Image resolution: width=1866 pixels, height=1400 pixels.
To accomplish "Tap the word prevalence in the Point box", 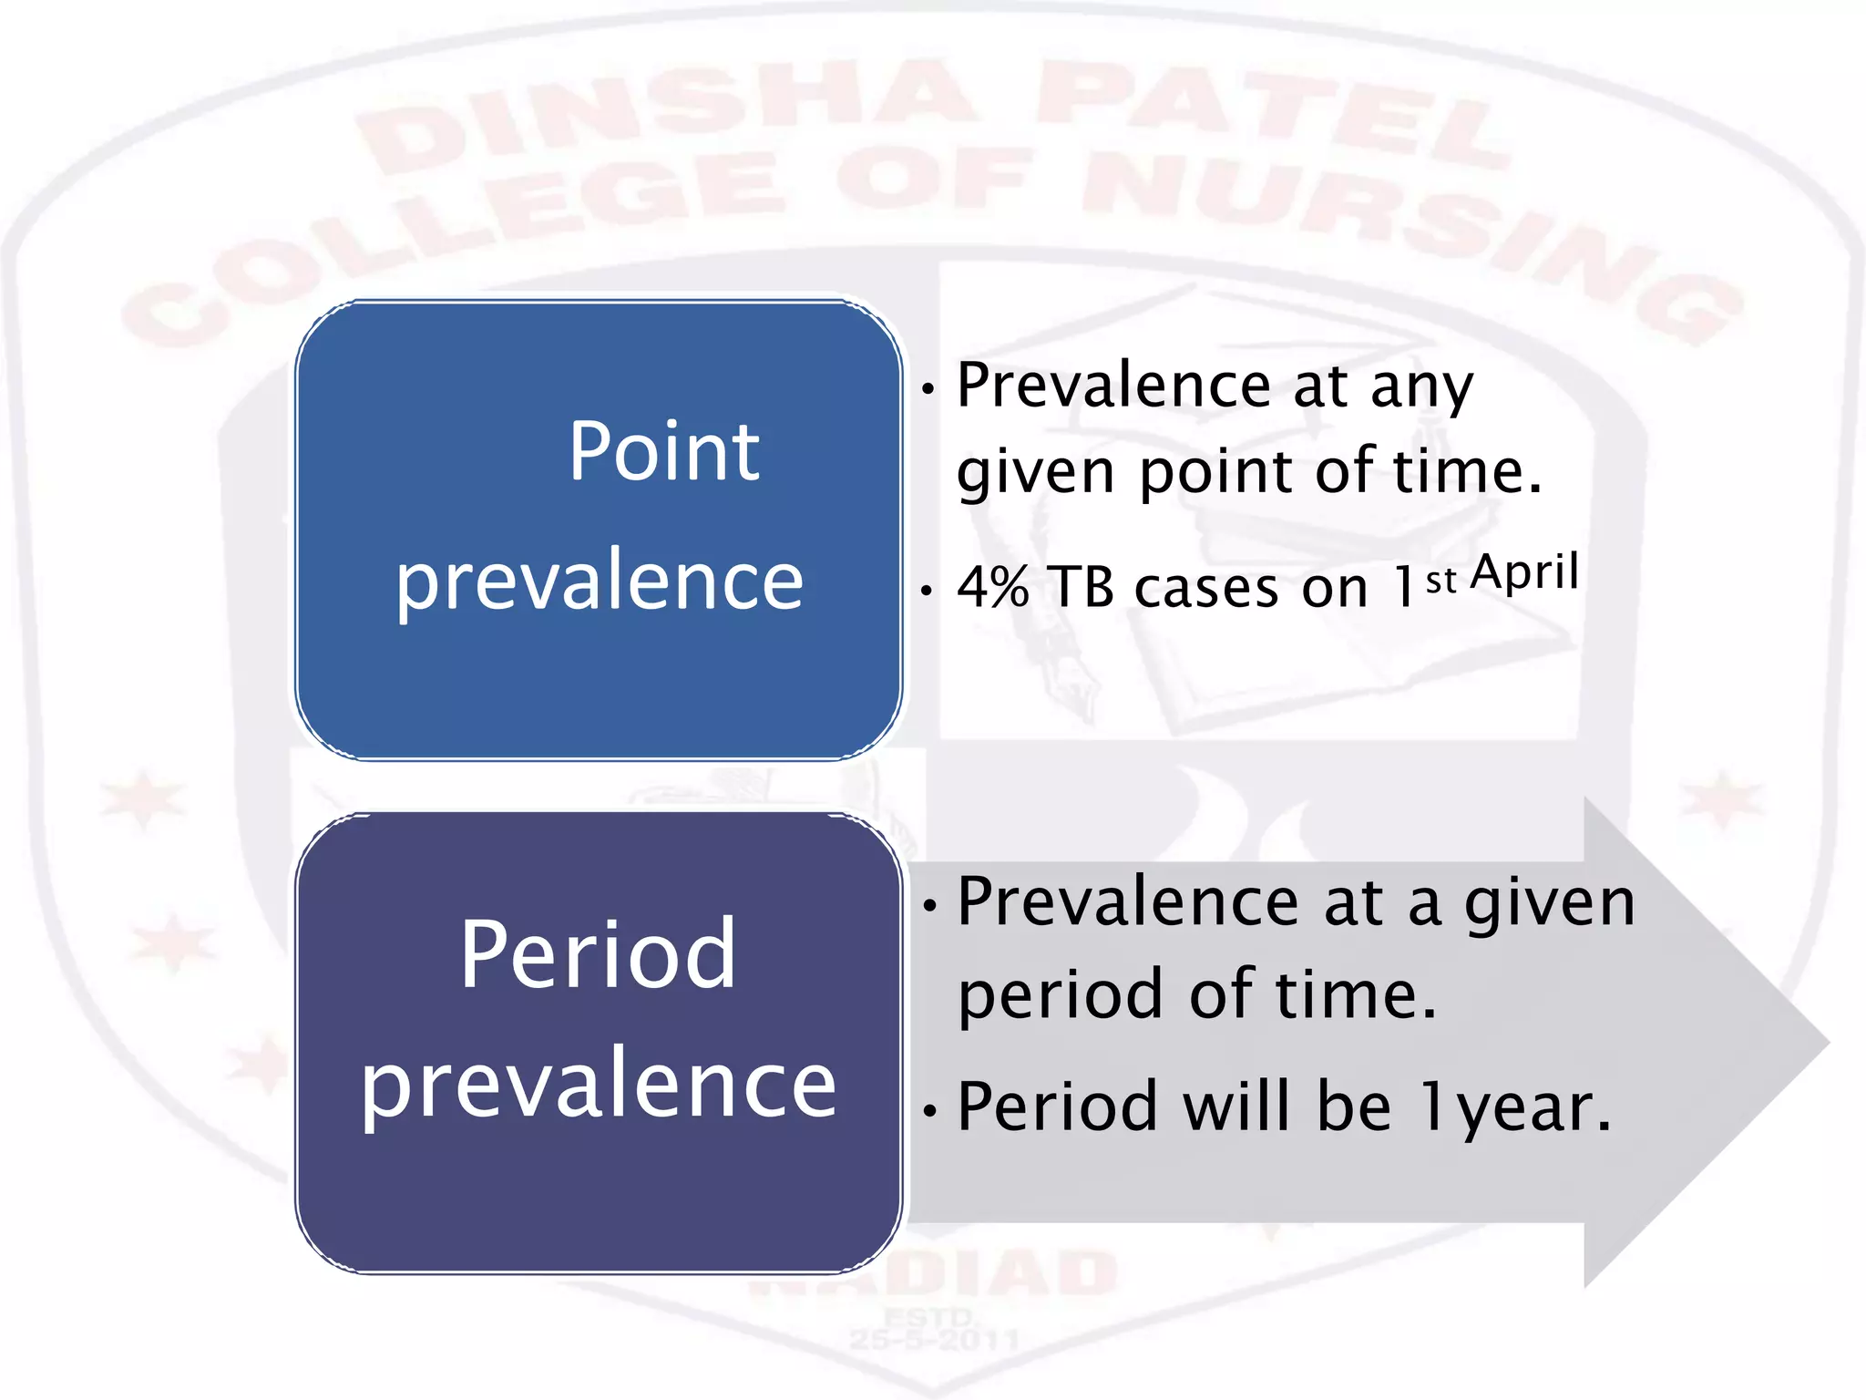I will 599,582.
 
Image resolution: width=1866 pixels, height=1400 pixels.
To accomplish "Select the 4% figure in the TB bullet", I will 993,586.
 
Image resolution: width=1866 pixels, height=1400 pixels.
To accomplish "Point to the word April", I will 1524,572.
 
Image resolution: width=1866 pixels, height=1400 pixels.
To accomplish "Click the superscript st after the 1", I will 1441,580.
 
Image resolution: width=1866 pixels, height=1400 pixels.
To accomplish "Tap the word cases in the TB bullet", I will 1206,588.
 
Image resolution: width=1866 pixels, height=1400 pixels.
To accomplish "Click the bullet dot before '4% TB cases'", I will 927,592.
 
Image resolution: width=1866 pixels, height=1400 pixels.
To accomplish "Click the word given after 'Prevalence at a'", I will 1549,904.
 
